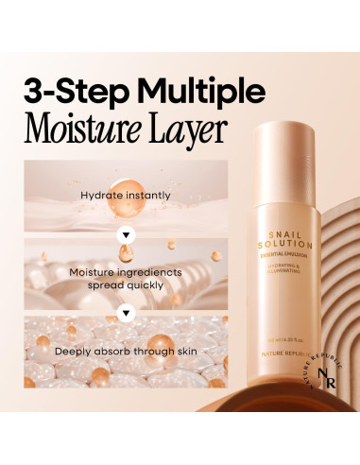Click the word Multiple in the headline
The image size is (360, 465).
click(199, 93)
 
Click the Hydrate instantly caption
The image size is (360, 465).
click(126, 197)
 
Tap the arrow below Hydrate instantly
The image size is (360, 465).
click(126, 232)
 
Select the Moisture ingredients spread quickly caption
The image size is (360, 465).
click(126, 278)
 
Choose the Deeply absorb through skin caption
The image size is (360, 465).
click(126, 351)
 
